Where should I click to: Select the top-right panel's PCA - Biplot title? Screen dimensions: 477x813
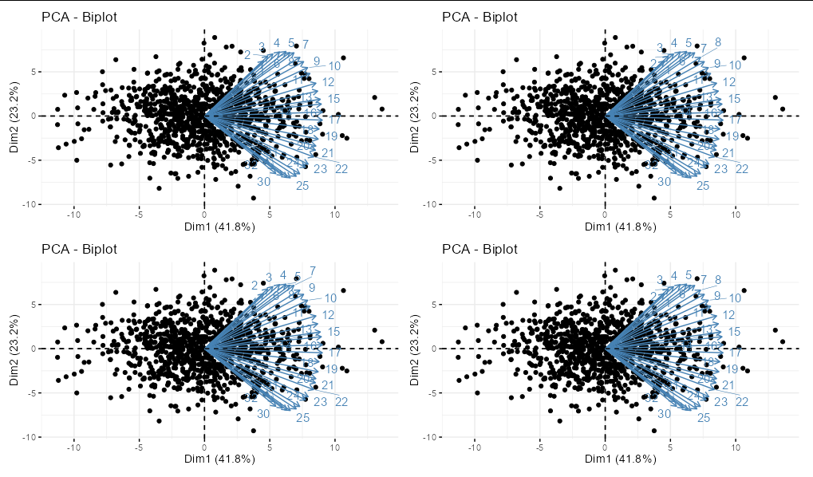[479, 17]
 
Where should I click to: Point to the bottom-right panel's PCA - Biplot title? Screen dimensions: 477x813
[479, 250]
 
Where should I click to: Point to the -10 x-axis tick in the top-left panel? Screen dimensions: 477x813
[74, 214]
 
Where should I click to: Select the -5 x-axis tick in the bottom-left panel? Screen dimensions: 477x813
[140, 447]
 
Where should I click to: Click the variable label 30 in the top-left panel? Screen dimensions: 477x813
[264, 182]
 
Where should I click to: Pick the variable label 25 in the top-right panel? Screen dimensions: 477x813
[703, 186]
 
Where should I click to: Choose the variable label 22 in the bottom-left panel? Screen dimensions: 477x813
[341, 402]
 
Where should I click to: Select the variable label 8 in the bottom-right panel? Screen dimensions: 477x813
[718, 280]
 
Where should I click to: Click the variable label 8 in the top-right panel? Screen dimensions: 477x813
[718, 42]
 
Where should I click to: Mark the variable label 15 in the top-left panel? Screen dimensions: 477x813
[334, 99]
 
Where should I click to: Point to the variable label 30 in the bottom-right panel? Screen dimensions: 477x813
[664, 414]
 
